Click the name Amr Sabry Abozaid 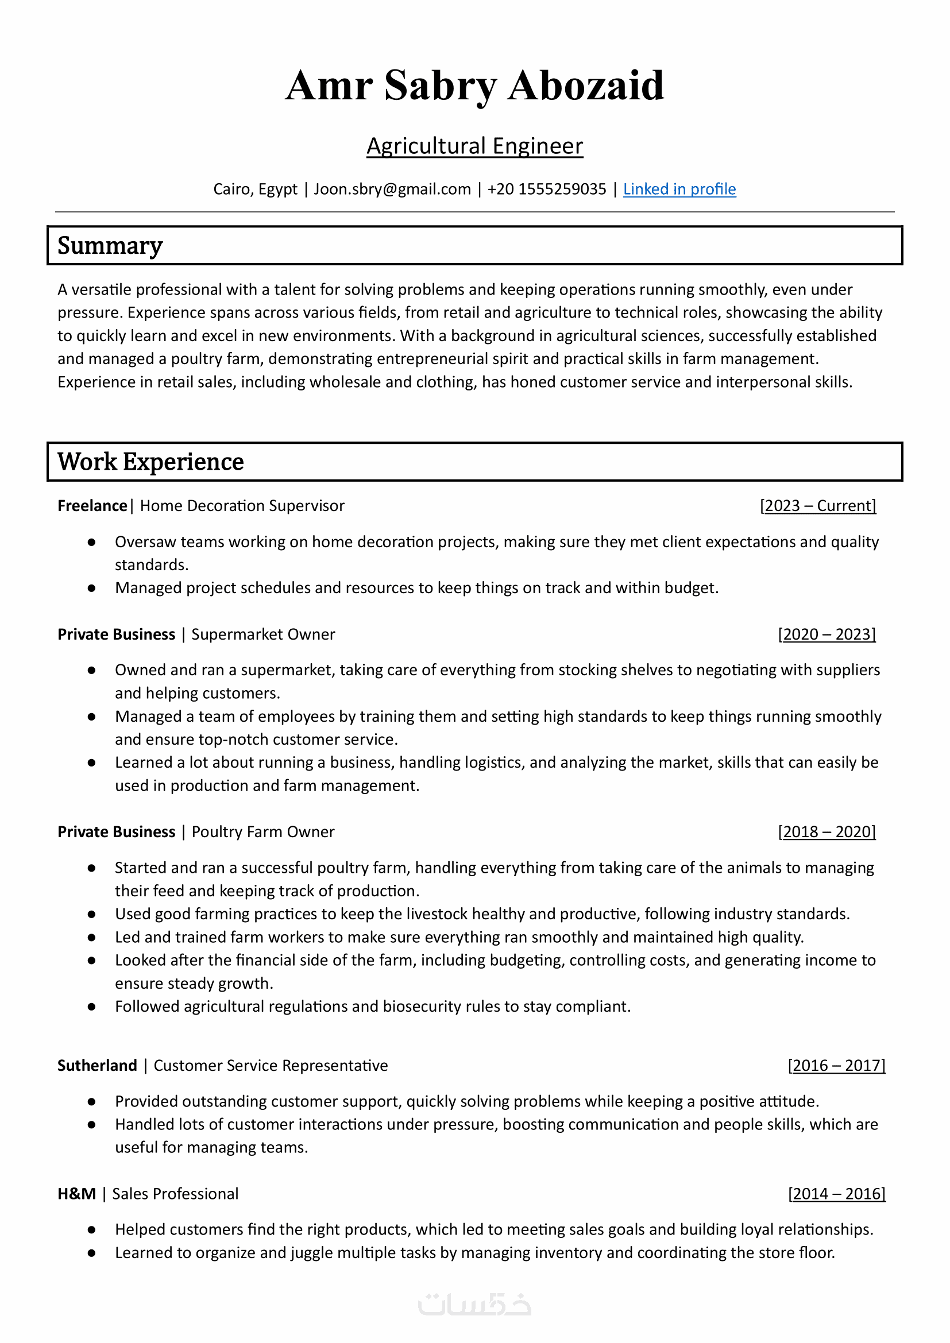pos(474,86)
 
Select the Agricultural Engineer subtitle pos(474,146)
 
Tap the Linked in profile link pos(679,189)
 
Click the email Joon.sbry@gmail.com pos(392,189)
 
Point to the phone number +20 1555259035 pos(546,189)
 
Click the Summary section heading pos(110,246)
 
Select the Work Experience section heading pos(150,462)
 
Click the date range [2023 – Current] pos(818,505)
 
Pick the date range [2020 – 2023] pos(827,634)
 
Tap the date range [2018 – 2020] pos(827,831)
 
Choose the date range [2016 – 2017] pos(836,1065)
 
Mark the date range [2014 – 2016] pos(836,1193)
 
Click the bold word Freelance pos(92,505)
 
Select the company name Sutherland pos(97,1065)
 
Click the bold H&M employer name pos(76,1193)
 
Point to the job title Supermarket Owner pos(263,634)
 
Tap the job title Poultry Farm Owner pos(263,831)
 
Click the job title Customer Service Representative pos(271,1065)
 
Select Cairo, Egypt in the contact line pos(255,189)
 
